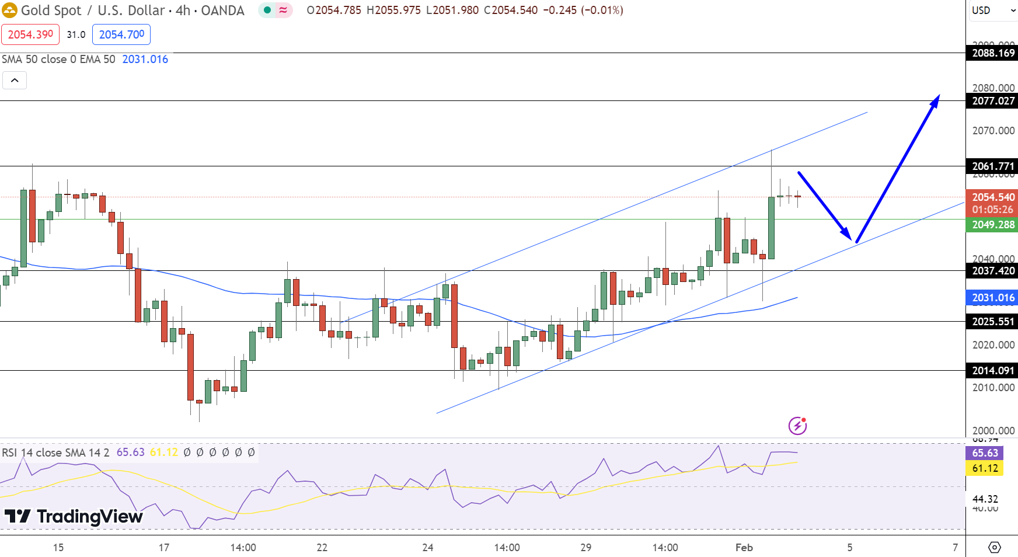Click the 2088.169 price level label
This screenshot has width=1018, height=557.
coord(992,53)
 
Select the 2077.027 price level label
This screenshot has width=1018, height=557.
coord(992,101)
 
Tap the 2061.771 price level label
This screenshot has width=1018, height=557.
coord(992,166)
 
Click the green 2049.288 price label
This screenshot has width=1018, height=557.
coord(992,225)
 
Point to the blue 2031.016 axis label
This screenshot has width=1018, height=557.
coord(992,298)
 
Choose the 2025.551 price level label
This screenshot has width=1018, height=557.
coord(992,322)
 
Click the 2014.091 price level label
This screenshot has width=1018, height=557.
coord(992,371)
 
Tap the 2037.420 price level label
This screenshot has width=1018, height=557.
coord(992,271)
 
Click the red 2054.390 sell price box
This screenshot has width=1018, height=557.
coord(30,34)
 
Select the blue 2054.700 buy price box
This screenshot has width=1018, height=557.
coord(121,34)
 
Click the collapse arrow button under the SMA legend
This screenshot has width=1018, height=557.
coord(15,80)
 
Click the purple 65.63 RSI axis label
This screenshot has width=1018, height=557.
coord(985,453)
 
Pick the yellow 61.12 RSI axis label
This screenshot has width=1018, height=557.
coord(985,468)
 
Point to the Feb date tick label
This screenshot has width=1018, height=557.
coord(744,548)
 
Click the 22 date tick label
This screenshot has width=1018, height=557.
coord(322,548)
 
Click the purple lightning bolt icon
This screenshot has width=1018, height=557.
coord(797,426)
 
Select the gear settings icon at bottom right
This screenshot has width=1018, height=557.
coord(994,548)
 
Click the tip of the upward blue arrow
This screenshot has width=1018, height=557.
coord(939,96)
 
